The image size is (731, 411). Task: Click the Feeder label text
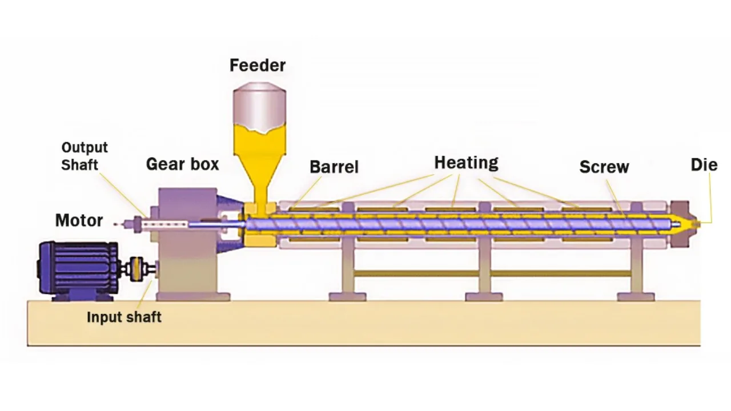pyautogui.click(x=258, y=65)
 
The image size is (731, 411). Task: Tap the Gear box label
pyautogui.click(x=182, y=164)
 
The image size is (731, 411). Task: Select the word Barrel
pyautogui.click(x=334, y=167)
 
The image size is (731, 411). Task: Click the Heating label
pyautogui.click(x=466, y=163)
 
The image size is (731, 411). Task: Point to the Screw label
pyautogui.click(x=604, y=167)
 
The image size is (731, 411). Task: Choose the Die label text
pyautogui.click(x=704, y=165)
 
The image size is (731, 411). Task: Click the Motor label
pyautogui.click(x=79, y=220)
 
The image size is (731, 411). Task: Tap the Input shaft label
pyautogui.click(x=124, y=317)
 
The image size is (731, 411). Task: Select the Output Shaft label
pyautogui.click(x=85, y=156)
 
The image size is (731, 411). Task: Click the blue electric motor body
pyautogui.click(x=77, y=268)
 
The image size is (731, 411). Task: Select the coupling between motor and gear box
pyautogui.click(x=137, y=269)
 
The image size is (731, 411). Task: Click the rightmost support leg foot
pyautogui.click(x=636, y=297)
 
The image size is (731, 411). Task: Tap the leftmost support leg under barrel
pyautogui.click(x=347, y=268)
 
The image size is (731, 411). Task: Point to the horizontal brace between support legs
pyautogui.click(x=417, y=273)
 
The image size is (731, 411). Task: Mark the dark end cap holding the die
pyautogui.click(x=680, y=224)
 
